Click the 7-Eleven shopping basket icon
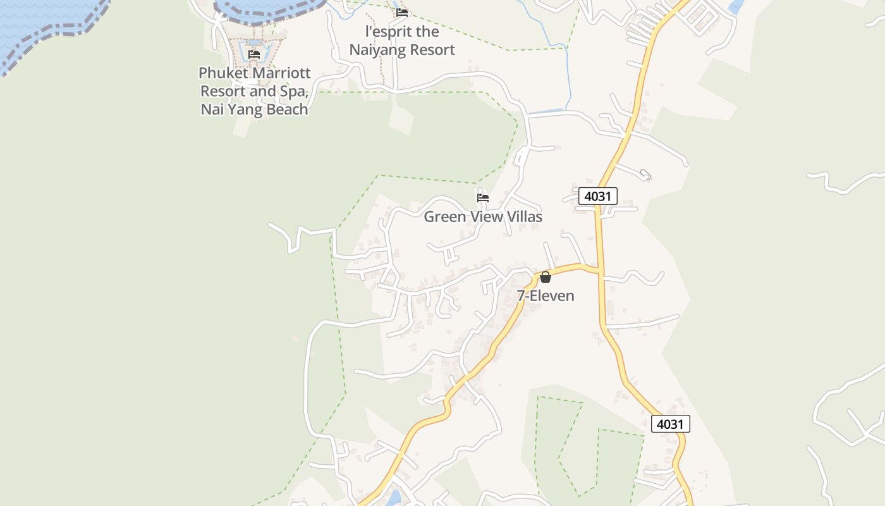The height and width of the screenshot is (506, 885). tap(546, 277)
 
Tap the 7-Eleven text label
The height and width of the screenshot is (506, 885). tap(546, 295)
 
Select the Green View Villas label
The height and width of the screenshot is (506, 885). tap(483, 217)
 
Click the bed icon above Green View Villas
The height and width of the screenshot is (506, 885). tap(483, 198)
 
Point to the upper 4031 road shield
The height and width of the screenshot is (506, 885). tap(597, 196)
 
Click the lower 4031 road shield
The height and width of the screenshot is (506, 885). tap(670, 424)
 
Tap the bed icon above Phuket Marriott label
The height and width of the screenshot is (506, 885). tap(254, 54)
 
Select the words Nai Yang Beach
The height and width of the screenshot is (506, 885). tap(254, 109)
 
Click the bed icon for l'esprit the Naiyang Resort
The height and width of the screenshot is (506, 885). tap(402, 13)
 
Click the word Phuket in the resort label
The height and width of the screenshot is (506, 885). tap(223, 73)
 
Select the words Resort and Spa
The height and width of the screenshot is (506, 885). tap(254, 91)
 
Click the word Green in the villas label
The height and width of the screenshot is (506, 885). tap(442, 217)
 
